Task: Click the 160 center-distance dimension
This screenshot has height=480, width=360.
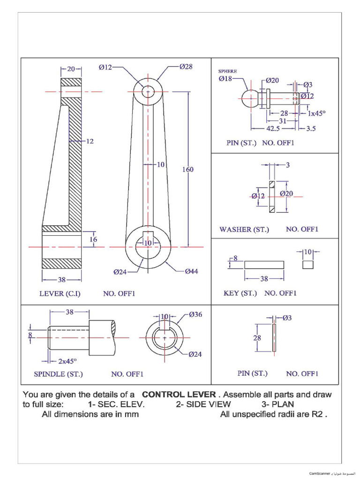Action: [x=187, y=169]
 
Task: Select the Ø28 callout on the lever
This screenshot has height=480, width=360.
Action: [x=186, y=67]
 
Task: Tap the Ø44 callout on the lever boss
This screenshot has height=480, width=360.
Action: [x=191, y=271]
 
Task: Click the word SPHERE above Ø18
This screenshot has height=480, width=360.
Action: [x=228, y=71]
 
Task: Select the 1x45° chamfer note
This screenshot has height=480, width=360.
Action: [x=316, y=113]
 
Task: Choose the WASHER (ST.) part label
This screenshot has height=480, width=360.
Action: [x=244, y=229]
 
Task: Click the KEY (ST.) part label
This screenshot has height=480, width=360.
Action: [x=240, y=293]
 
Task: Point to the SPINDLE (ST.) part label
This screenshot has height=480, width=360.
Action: [x=58, y=374]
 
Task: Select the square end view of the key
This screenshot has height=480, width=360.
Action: [x=307, y=265]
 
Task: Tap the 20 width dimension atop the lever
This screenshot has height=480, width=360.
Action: [x=71, y=69]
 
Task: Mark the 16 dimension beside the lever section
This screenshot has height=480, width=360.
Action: [x=93, y=240]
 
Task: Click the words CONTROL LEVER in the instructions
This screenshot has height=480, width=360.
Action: [x=179, y=394]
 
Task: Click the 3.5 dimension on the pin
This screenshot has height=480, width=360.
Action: [x=311, y=128]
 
